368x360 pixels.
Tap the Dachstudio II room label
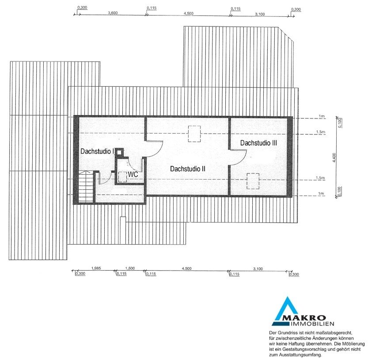[188, 169]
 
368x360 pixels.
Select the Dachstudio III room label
[258, 143]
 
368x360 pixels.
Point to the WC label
[133, 174]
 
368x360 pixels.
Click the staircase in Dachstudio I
[86, 186]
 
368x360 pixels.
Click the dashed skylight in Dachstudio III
[253, 181]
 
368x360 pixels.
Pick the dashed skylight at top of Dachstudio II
[194, 134]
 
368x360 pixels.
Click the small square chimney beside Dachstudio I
[119, 152]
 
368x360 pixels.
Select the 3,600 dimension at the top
[113, 13]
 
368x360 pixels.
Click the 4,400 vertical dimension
[334, 157]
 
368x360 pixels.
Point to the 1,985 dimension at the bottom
[96, 268]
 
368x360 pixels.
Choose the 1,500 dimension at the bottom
[130, 268]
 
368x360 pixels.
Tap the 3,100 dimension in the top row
[260, 14]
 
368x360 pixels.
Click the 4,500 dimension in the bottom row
[186, 268]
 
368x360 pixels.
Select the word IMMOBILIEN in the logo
[312, 324]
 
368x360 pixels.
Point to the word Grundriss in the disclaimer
[287, 333]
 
